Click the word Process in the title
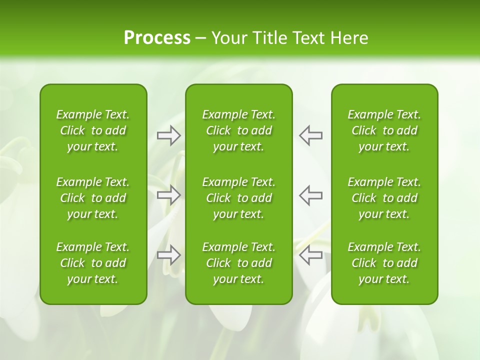(x=157, y=38)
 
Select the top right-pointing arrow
(x=168, y=135)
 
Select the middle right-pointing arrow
(x=168, y=195)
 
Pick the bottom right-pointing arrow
(x=168, y=255)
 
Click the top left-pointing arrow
(x=310, y=135)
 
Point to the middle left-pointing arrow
(x=310, y=195)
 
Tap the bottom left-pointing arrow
(x=310, y=255)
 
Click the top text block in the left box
(x=93, y=130)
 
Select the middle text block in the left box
(x=93, y=198)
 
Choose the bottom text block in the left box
(x=93, y=263)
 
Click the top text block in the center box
(x=238, y=130)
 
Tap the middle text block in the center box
(x=238, y=198)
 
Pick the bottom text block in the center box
(x=238, y=263)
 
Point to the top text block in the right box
(x=384, y=130)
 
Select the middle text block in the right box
(x=384, y=198)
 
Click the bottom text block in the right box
(x=384, y=263)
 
